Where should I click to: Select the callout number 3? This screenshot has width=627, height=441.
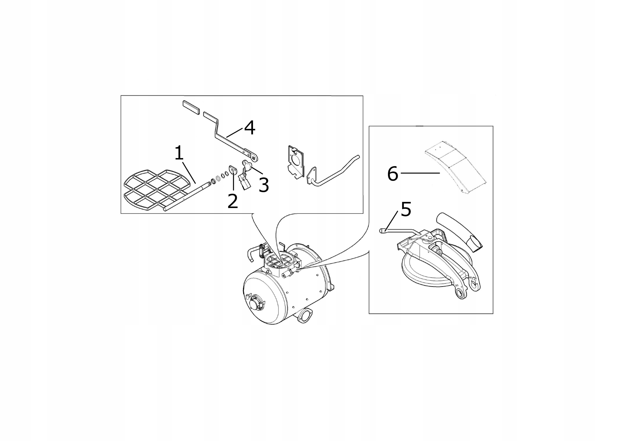coord(264,185)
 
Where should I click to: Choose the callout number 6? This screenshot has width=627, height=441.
coord(393,174)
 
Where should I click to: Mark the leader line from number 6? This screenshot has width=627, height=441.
coord(420,173)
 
